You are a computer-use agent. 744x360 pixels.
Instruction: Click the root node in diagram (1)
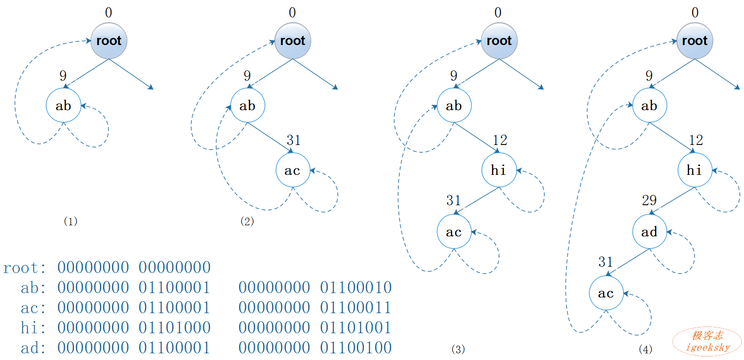click(109, 41)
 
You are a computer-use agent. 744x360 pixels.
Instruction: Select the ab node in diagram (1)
click(63, 106)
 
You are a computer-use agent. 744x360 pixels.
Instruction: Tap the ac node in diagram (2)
click(293, 170)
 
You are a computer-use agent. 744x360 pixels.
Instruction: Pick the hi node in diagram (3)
click(499, 170)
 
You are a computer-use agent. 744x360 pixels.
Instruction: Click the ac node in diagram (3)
click(454, 232)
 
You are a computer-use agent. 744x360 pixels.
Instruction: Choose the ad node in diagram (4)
click(649, 232)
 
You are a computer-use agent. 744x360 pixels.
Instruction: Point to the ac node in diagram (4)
click(606, 294)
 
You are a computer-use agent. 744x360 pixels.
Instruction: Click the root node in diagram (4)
click(694, 41)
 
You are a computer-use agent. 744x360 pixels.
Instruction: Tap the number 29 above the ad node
click(649, 200)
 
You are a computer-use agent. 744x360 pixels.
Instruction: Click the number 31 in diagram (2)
click(293, 140)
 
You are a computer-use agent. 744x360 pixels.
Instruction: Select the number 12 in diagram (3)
click(500, 140)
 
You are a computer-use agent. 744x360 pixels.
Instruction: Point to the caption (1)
click(70, 221)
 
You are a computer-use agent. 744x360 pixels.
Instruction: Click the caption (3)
click(458, 349)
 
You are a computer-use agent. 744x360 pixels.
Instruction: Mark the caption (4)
click(645, 349)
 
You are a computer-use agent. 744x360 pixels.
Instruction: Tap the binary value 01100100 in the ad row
click(355, 348)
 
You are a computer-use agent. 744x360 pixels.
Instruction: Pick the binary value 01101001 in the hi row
click(355, 328)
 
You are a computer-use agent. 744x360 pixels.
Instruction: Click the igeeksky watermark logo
click(707, 342)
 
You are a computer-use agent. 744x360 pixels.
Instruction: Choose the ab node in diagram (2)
click(248, 106)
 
